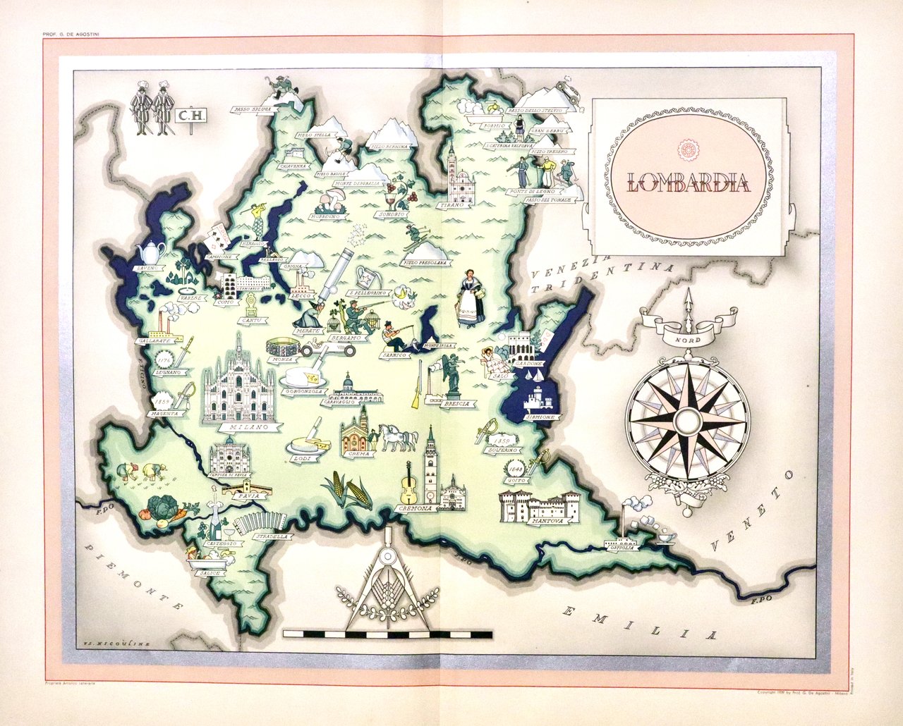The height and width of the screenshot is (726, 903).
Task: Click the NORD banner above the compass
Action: click(x=688, y=340)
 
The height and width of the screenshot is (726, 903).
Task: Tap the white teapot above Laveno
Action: click(x=152, y=251)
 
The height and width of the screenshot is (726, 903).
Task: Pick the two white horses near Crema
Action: click(x=399, y=437)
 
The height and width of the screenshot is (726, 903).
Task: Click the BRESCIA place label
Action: click(x=458, y=404)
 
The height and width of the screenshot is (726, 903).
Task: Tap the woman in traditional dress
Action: click(x=471, y=299)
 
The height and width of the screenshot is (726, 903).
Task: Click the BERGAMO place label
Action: click(x=346, y=338)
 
